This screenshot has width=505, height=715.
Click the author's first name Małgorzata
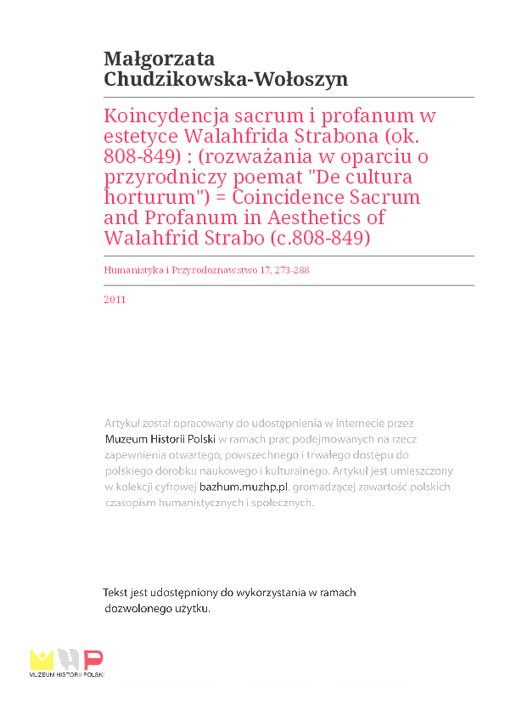159,59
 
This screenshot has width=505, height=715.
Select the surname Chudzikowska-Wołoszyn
225,79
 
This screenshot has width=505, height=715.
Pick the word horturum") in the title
154,198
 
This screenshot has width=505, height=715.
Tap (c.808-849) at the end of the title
321,239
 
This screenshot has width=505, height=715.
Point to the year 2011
115,299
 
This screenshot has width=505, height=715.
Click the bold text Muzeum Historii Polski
160,439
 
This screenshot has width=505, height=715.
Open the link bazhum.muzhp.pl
244,487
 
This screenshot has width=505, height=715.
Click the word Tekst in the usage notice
116,593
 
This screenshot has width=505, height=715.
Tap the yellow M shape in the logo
42,659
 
